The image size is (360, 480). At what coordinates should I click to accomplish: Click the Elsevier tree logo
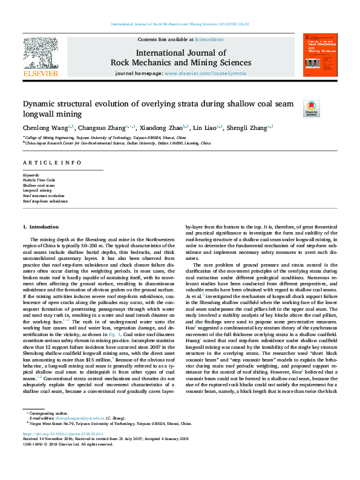(x=40, y=54)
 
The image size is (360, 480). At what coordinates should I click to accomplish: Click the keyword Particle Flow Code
(x=39, y=180)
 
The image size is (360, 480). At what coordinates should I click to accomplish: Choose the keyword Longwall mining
(x=37, y=190)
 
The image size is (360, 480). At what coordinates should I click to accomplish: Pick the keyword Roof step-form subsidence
(x=45, y=201)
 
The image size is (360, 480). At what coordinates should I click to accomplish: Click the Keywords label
(x=31, y=175)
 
